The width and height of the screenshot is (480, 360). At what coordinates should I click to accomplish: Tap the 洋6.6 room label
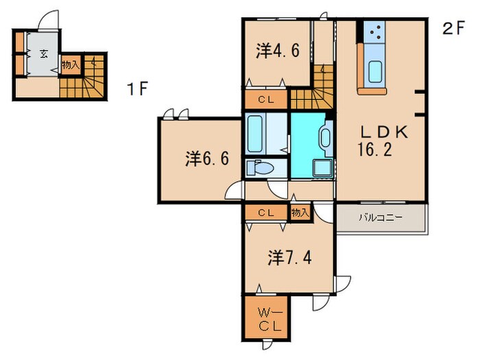(206, 159)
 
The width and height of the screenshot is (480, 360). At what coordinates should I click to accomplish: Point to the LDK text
(380, 132)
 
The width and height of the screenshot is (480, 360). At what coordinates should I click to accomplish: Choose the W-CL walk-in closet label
(265, 320)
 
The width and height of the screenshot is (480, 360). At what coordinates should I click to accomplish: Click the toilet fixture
(261, 168)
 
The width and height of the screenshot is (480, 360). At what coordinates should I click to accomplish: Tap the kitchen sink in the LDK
(376, 71)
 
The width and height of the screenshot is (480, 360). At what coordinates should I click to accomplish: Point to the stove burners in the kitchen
(374, 30)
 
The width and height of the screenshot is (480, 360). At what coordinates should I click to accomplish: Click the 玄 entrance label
(43, 54)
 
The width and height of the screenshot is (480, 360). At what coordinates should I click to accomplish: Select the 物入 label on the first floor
(70, 65)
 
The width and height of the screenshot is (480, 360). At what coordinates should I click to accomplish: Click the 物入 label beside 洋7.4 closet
(300, 213)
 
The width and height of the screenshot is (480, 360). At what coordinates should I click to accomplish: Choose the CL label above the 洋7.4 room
(266, 213)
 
